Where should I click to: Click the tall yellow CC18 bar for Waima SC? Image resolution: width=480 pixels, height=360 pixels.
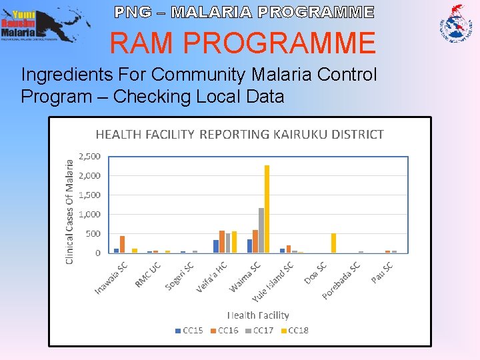(267, 209)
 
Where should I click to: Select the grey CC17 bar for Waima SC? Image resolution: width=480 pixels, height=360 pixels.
(261, 230)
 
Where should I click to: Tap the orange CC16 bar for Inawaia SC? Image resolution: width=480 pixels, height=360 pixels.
(122, 244)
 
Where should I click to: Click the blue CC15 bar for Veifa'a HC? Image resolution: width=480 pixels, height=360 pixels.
(216, 246)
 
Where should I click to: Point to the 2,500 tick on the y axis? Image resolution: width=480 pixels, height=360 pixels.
(89, 157)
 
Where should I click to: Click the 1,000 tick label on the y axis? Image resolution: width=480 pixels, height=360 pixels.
(89, 215)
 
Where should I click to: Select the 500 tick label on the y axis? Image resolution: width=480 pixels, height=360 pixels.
(92, 234)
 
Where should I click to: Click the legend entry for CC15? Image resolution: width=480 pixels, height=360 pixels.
(189, 331)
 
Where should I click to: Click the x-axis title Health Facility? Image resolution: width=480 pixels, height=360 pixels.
(258, 315)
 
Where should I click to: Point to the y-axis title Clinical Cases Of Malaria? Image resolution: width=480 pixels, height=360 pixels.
(70, 209)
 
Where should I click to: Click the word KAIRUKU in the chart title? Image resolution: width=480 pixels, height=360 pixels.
(297, 134)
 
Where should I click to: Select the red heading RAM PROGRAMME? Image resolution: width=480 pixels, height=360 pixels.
(243, 43)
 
